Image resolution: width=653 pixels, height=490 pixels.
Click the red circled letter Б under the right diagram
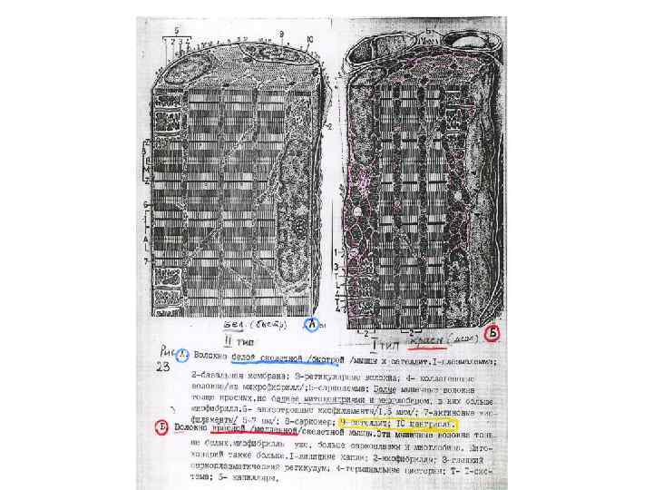coord(493,332)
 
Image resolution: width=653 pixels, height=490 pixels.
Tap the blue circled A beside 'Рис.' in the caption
coord(181,355)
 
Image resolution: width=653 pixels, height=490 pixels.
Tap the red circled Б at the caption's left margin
coord(161,428)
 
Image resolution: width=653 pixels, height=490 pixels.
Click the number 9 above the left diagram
coord(281,34)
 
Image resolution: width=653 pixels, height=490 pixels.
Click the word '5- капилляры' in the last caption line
coord(244,478)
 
